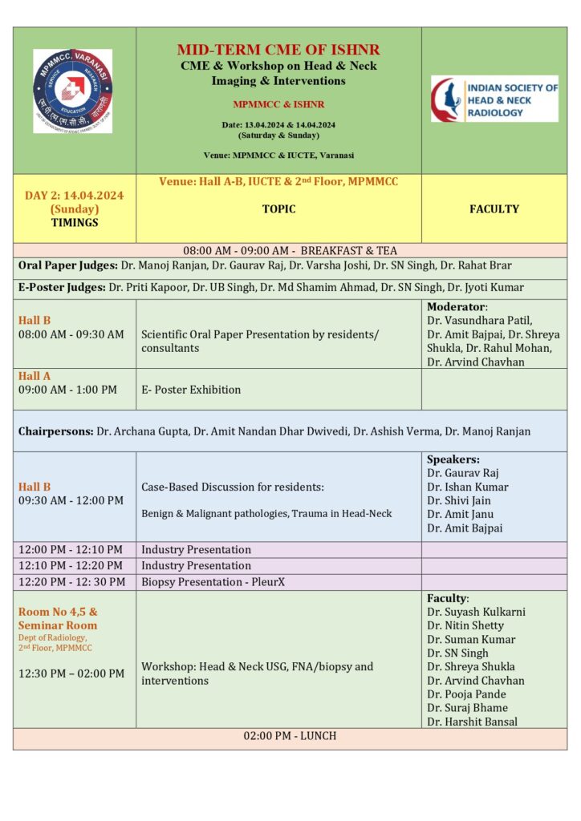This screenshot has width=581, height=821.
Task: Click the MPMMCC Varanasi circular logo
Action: click(72, 91)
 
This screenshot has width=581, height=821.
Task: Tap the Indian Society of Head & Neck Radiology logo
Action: click(494, 99)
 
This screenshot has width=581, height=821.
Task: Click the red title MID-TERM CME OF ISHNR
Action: click(278, 50)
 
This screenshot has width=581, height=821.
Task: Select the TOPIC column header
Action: click(278, 209)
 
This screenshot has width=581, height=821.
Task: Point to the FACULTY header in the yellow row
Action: click(494, 209)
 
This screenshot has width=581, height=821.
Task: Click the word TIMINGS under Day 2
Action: click(74, 223)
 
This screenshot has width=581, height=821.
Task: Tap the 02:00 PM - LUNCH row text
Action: click(290, 736)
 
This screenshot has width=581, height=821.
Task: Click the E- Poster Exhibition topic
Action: click(191, 390)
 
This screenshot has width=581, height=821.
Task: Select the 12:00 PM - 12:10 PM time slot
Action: click(71, 550)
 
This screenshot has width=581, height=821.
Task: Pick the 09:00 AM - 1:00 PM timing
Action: click(67, 390)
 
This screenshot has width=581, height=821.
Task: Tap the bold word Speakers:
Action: click(453, 459)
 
